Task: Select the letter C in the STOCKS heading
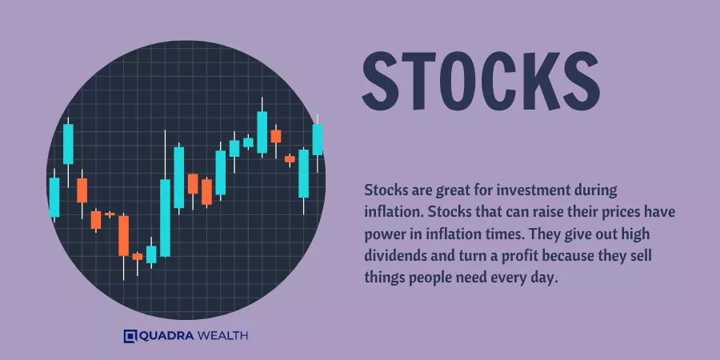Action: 499,82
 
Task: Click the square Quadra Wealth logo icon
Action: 130,336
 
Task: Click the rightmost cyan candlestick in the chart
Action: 318,139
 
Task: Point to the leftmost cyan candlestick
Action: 54,197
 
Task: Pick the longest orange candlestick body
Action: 123,235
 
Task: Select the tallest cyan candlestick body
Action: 165,218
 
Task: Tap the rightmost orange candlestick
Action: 290,159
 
